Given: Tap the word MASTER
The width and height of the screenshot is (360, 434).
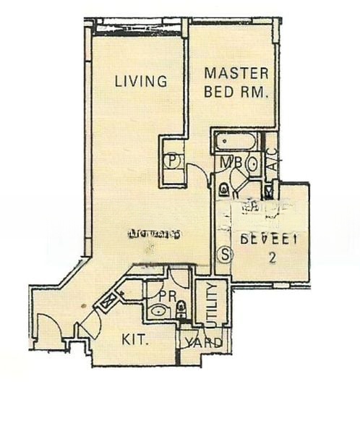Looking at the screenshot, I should click(236, 73).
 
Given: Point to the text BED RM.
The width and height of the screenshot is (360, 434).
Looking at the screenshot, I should click(236, 92).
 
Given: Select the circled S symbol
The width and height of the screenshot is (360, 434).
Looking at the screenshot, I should click(225, 255).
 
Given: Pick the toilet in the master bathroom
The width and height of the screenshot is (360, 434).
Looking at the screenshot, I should click(224, 189).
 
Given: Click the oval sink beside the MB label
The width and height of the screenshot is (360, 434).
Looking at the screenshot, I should click(252, 163).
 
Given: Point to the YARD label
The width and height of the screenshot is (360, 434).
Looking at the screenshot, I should click(206, 343).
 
